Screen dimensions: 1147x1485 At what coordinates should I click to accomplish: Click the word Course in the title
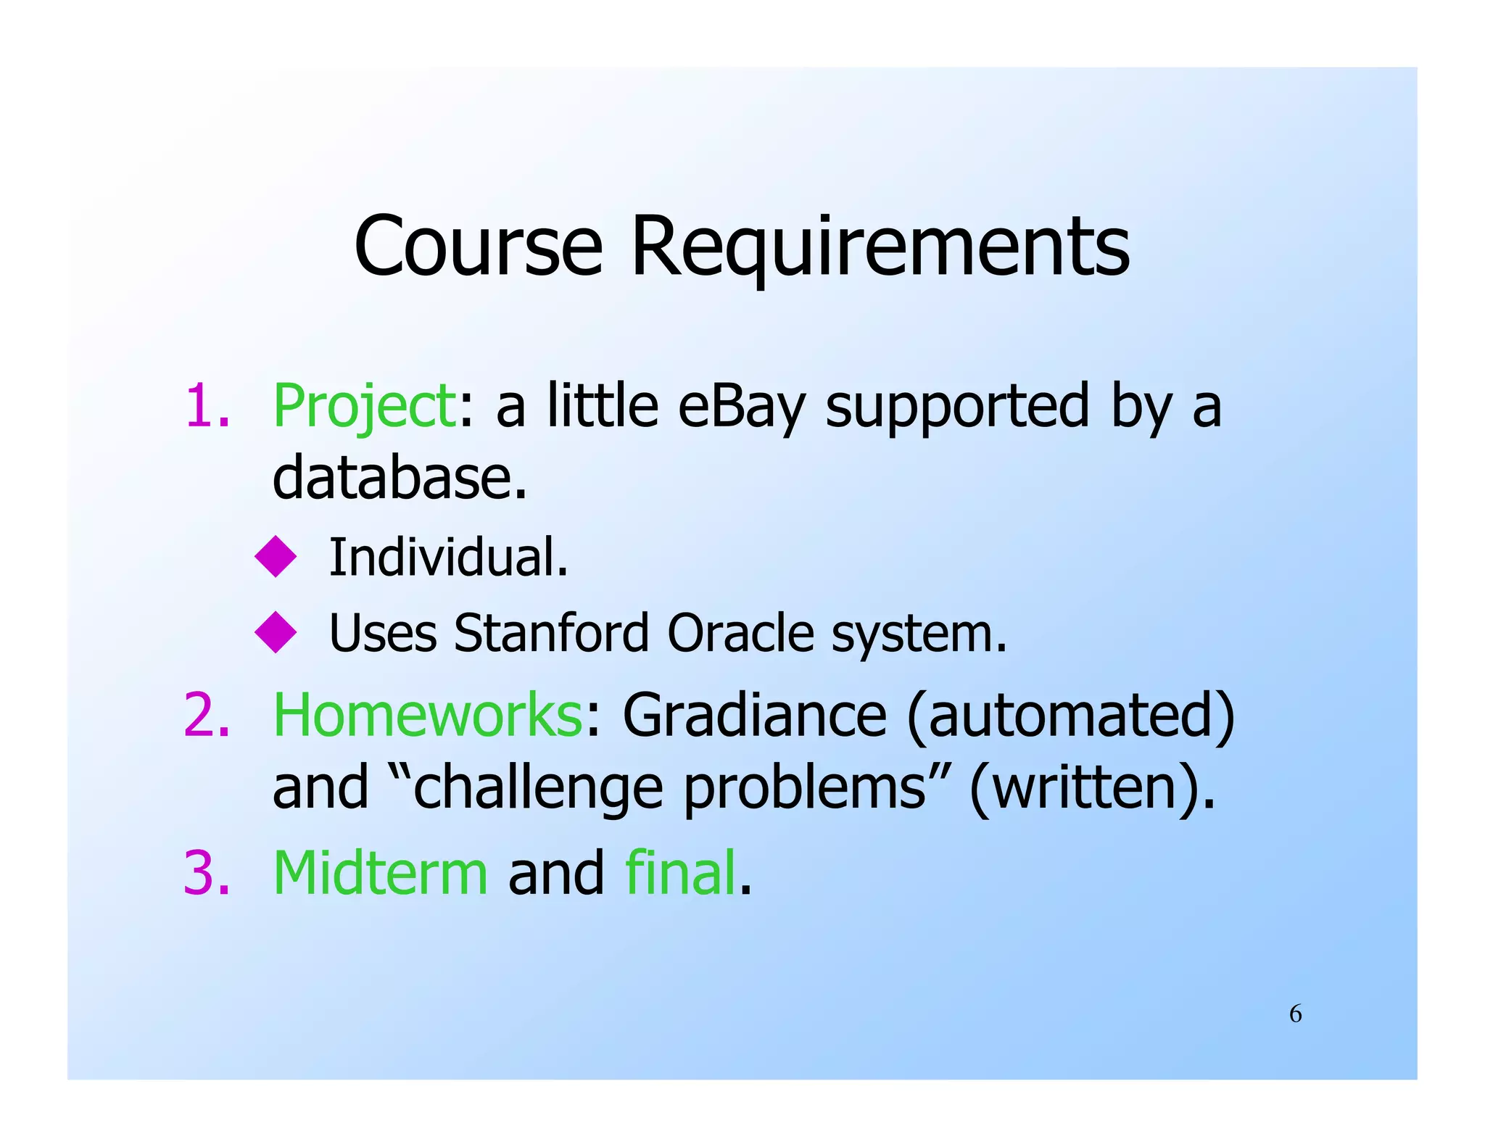478,246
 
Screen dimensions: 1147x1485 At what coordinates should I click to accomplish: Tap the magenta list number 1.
206,406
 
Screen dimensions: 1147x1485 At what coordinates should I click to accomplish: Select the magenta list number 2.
207,715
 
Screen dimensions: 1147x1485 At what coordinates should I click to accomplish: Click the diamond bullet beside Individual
276,557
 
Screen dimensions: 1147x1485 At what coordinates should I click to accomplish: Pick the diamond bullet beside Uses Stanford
276,632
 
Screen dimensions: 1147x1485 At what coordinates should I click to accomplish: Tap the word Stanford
551,633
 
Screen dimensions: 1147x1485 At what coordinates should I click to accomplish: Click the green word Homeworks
427,715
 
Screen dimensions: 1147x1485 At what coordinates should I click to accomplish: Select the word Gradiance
754,715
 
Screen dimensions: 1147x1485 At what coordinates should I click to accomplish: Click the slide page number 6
1295,1014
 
